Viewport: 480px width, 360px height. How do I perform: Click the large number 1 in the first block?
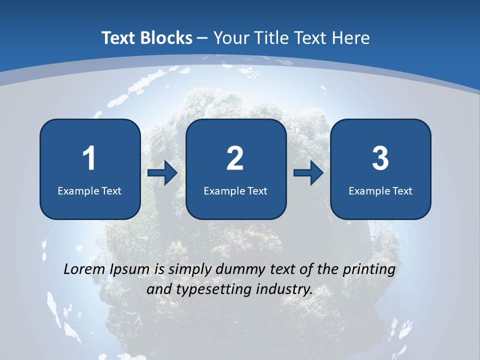coord(89,158)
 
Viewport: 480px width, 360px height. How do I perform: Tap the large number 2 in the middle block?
coord(235,158)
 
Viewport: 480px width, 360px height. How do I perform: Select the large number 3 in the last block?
coord(380,158)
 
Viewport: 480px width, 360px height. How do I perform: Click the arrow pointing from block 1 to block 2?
coord(162,173)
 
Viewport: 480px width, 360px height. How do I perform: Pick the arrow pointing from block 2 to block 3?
coord(308,173)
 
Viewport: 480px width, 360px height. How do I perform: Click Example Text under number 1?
coord(89,190)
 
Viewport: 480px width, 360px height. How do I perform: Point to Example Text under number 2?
coord(235,190)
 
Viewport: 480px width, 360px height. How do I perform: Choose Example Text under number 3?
coord(380,190)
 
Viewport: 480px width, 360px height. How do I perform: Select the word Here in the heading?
coord(350,38)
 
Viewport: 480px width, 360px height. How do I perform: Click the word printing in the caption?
coord(369,270)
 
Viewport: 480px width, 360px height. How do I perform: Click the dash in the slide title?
coord(203,38)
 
